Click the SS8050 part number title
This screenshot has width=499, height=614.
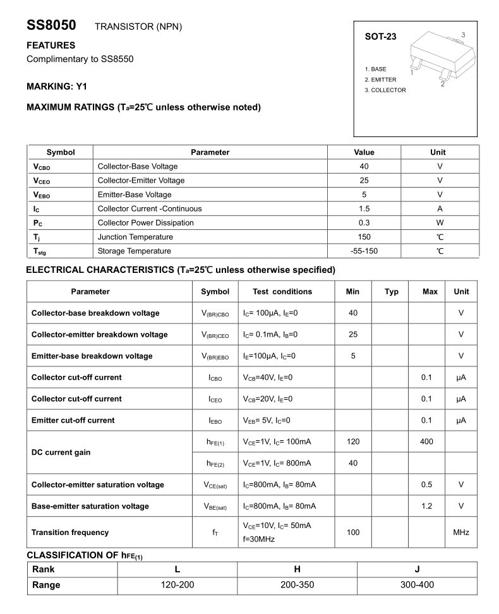coord(51,26)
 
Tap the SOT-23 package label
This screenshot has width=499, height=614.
coord(381,37)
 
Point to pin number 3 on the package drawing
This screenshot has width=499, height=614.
coord(463,35)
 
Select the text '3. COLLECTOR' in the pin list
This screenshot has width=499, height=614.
coord(385,90)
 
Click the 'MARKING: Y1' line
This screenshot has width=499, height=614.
coord(57,86)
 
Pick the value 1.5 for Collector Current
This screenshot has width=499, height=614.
coord(364,208)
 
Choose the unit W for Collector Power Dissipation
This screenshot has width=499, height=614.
coord(440,222)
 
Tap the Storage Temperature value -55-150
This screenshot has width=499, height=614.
coord(364,251)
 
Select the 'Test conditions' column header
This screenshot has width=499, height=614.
coord(282,291)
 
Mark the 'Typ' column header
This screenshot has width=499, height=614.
coord(392,291)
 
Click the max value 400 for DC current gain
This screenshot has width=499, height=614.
coord(426,442)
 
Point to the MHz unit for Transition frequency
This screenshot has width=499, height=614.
coord(461,533)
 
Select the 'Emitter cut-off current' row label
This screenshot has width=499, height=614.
coord(73,420)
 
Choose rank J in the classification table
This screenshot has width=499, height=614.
coord(417,569)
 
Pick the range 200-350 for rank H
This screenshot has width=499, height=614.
coord(297,585)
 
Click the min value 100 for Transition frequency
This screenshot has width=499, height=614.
coord(353,533)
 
